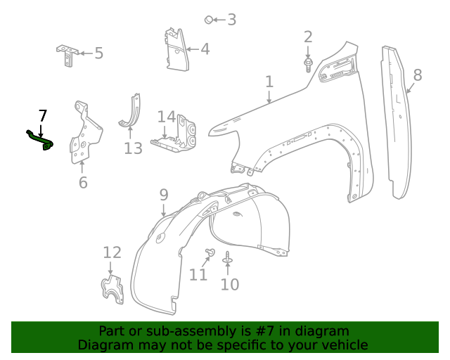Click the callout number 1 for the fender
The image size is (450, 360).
[x=269, y=82]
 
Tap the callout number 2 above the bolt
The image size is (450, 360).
[x=308, y=37]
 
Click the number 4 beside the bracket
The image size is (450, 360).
[x=205, y=49]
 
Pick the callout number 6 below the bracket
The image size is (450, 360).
[x=83, y=183]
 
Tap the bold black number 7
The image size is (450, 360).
[x=43, y=116]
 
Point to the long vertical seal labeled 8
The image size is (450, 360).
[x=395, y=120]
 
